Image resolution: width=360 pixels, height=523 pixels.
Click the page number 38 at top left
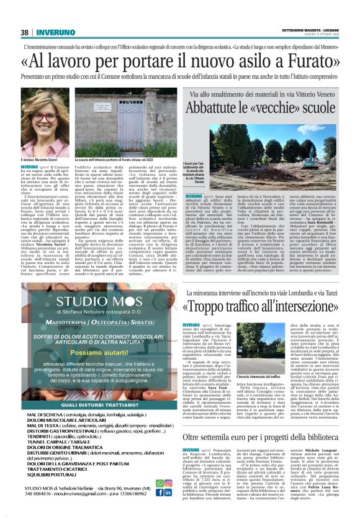[25, 33]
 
